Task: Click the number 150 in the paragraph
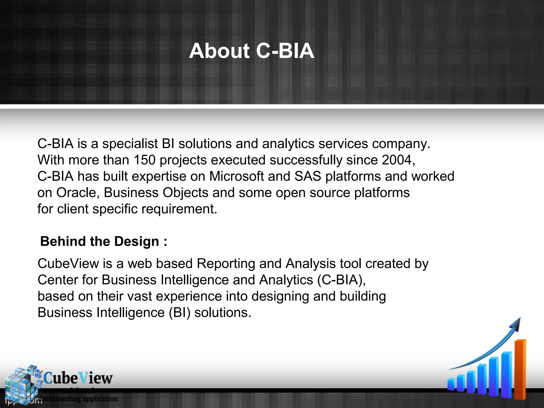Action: tap(144, 160)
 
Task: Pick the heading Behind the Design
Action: tap(104, 241)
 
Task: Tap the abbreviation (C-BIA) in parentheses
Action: tap(342, 280)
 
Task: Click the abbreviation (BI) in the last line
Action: tap(180, 313)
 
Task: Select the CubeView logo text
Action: tap(78, 378)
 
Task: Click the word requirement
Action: tap(179, 209)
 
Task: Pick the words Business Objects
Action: tap(156, 193)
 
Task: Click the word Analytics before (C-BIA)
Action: tap(286, 280)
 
